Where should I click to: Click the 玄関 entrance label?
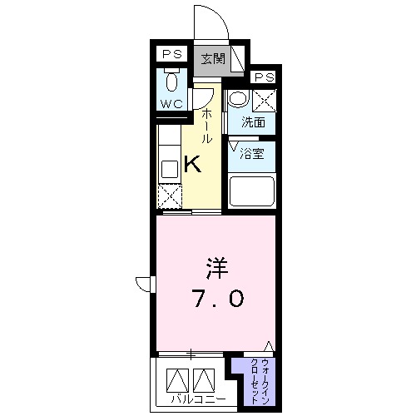pyautogui.click(x=212, y=58)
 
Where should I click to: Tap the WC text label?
pyautogui.click(x=171, y=105)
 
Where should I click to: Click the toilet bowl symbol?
pyautogui.click(x=171, y=82)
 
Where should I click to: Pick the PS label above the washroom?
pyautogui.click(x=265, y=77)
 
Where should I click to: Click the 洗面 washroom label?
pyautogui.click(x=253, y=121)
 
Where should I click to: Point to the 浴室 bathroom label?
pyautogui.click(x=251, y=153)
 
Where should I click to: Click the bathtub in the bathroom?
pyautogui.click(x=252, y=192)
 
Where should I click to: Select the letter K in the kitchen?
pyautogui.click(x=192, y=164)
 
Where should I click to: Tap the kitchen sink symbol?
pyautogui.click(x=167, y=167)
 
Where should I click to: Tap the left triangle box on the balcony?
pyautogui.click(x=177, y=380)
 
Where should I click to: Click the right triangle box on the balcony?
pyautogui.click(x=204, y=380)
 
